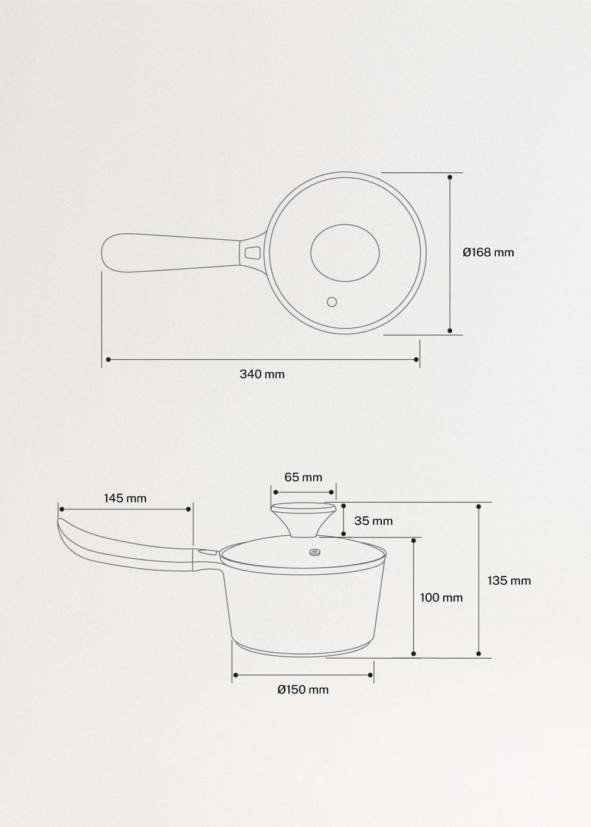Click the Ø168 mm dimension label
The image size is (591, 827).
[x=488, y=252]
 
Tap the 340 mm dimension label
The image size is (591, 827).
[x=262, y=374]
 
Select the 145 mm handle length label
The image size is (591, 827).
[x=125, y=498]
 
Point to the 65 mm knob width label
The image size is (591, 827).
[x=303, y=477]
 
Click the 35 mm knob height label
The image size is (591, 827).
[x=373, y=520]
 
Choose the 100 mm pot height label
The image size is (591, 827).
[x=441, y=597]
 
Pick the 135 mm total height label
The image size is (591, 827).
[x=509, y=580]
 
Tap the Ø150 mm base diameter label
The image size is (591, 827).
[x=303, y=689]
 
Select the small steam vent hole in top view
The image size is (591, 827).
[x=332, y=302]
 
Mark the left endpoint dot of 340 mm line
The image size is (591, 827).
[x=108, y=359]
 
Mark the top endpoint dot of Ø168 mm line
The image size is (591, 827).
[x=450, y=177]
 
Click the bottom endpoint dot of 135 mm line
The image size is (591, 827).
[x=479, y=653]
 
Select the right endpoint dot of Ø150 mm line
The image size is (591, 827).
[x=371, y=675]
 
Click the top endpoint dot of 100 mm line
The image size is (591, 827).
[x=414, y=539]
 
